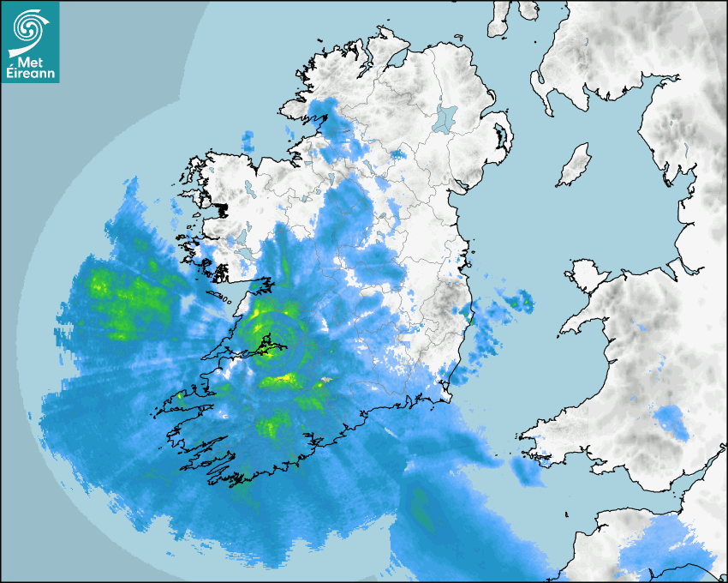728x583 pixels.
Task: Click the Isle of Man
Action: pyautogui.click(x=574, y=165)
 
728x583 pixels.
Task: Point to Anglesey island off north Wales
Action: pyautogui.click(x=583, y=273)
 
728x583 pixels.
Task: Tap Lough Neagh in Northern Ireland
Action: pyautogui.click(x=445, y=117)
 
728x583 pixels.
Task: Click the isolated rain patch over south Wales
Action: pyautogui.click(x=670, y=423)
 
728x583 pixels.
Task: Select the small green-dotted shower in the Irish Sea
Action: pyautogui.click(x=518, y=301)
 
